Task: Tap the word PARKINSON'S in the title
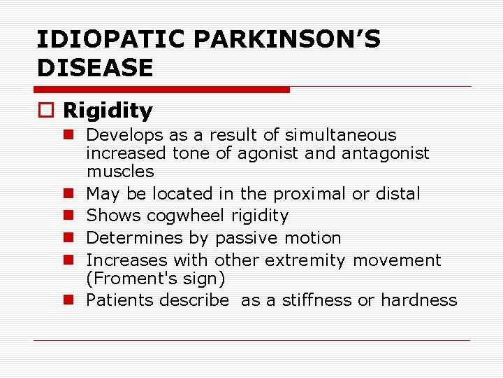point(287,39)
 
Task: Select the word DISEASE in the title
point(94,68)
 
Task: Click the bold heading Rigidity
point(108,111)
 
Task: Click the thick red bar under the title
point(161,90)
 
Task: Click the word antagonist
point(386,153)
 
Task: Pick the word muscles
point(120,171)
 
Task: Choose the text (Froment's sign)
point(156,279)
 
